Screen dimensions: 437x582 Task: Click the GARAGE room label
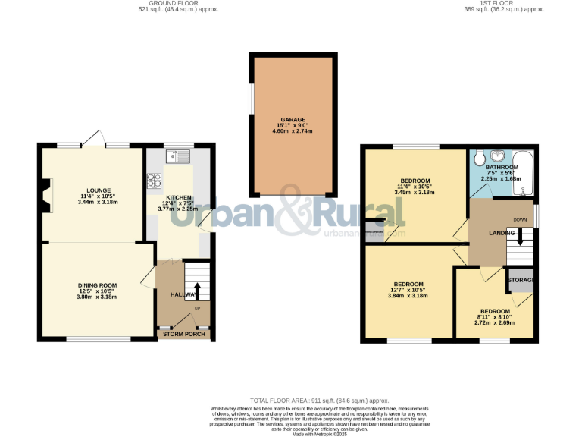tap(293, 120)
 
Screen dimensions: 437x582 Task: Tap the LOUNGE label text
tap(99, 190)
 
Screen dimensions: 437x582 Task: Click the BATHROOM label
tap(502, 167)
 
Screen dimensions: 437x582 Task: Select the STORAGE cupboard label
tap(521, 280)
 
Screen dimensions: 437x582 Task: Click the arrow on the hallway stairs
tap(198, 290)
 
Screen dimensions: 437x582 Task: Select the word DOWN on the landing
tap(520, 220)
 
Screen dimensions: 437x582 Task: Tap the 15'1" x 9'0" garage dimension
tap(293, 126)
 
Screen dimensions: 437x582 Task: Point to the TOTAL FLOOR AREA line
tap(319, 400)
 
